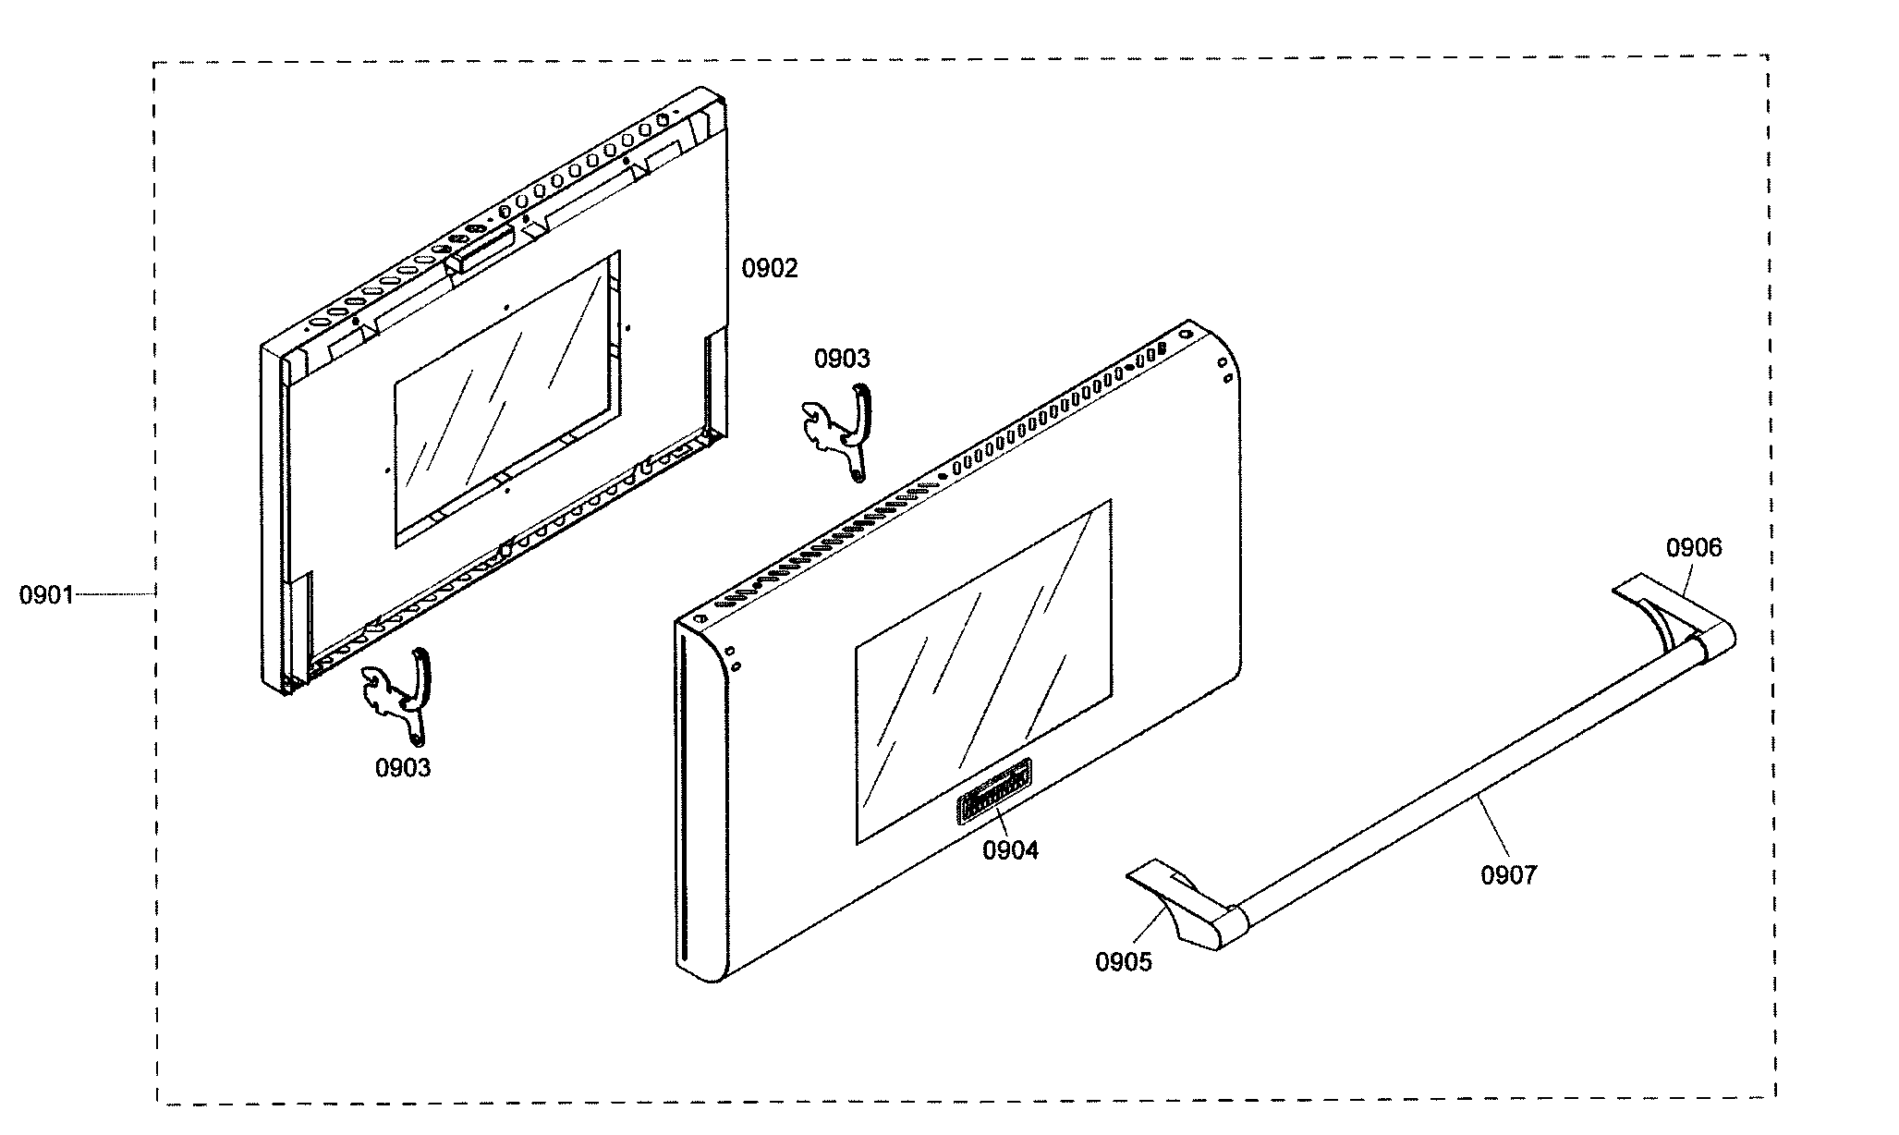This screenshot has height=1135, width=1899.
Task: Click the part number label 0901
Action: pos(46,595)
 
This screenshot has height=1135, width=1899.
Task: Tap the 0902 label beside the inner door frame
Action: pos(769,269)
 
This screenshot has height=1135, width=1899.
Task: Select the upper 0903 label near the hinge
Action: pos(841,359)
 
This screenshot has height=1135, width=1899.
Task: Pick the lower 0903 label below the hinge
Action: pos(403,767)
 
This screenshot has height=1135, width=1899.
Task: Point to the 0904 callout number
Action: pos(1010,850)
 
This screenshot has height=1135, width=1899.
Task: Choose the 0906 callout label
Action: pos(1694,548)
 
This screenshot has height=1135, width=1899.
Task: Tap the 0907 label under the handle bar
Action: pos(1508,874)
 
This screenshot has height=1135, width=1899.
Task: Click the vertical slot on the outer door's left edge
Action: pos(684,795)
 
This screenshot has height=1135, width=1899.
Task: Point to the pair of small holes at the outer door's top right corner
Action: pos(1226,370)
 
